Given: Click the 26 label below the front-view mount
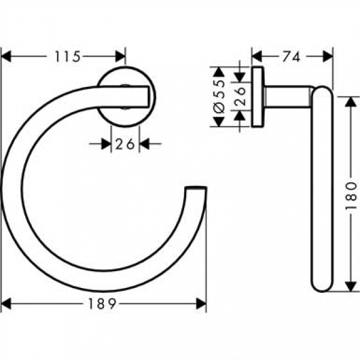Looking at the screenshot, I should [125, 144].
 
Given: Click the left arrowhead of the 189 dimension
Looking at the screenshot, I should [7, 304].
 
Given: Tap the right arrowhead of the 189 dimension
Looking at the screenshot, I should [201, 304].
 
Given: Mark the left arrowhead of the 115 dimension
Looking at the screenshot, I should [7, 56].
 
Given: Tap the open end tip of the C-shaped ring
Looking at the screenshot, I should [196, 191].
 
